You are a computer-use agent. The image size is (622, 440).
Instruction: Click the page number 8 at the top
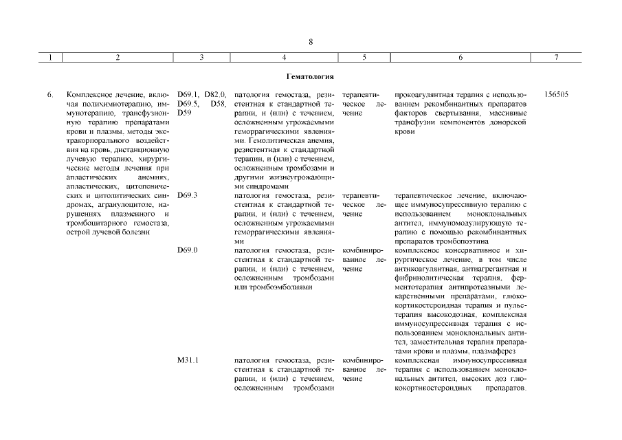click(x=311, y=42)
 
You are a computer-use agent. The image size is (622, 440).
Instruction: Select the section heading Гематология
click(x=310, y=76)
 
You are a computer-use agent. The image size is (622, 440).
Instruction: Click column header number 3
click(x=201, y=58)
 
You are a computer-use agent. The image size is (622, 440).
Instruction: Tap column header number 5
click(x=364, y=58)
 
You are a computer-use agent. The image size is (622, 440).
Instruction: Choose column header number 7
click(x=556, y=58)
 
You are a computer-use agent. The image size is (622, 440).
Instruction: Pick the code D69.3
click(x=187, y=195)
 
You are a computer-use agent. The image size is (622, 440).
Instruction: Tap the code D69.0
click(x=187, y=250)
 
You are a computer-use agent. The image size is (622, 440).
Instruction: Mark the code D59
click(x=184, y=112)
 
